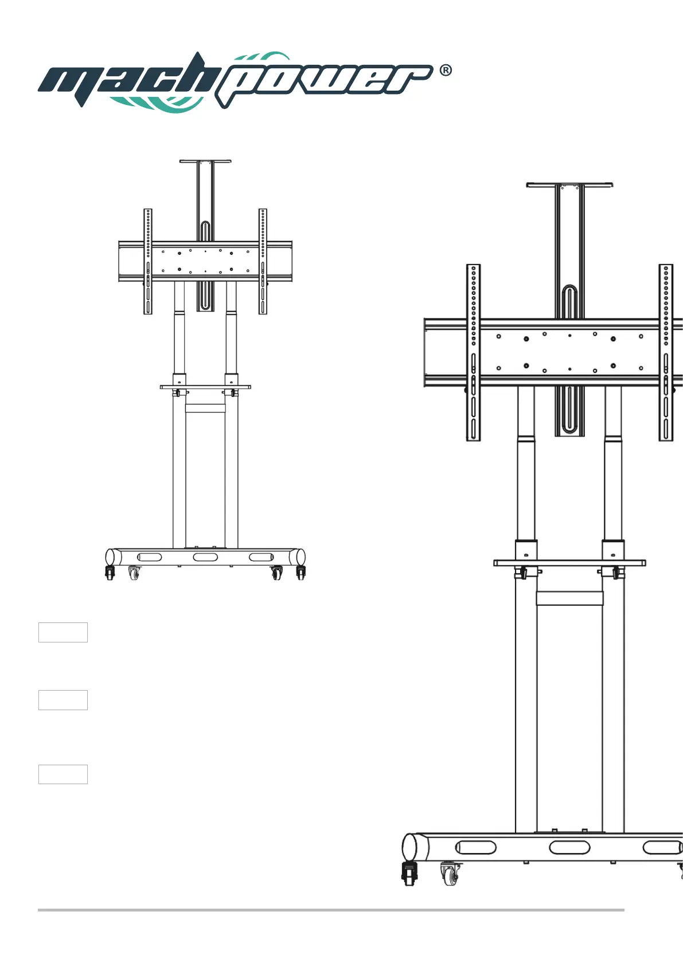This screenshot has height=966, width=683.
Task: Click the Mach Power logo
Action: coord(236,82)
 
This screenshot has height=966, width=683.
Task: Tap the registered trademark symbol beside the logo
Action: coord(446,71)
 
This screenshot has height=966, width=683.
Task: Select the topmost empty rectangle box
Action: coord(63,632)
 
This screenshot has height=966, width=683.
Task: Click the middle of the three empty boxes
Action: coord(63,700)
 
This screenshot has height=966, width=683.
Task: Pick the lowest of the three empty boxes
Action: coord(63,774)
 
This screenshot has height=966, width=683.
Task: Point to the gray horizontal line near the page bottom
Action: coord(331,910)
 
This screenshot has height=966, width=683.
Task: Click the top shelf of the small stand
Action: coord(205,161)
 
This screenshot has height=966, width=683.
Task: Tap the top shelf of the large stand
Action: coord(569,185)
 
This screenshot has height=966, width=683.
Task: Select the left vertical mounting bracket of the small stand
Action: coord(148,262)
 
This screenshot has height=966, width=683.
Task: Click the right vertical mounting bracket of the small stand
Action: coord(263,262)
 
